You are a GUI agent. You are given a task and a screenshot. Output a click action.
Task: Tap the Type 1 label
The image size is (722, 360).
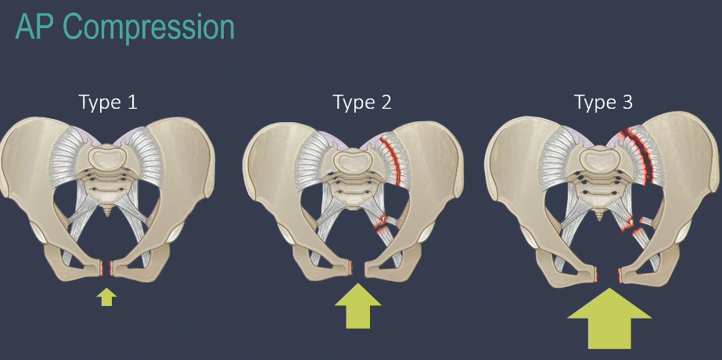(x=107, y=102)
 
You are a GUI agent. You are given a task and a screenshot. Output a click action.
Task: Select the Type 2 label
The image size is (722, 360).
(x=361, y=102)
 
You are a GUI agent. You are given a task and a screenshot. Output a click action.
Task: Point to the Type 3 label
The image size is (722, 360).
(x=603, y=102)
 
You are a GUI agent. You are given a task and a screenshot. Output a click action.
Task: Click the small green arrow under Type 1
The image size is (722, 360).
(x=107, y=297)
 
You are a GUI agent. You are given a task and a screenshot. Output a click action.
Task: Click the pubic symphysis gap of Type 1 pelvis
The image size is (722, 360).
(x=108, y=269)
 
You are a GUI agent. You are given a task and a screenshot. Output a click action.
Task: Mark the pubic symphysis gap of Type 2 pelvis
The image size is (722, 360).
(x=358, y=269)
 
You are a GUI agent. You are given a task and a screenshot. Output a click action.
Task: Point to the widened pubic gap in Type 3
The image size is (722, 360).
(x=609, y=274)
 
